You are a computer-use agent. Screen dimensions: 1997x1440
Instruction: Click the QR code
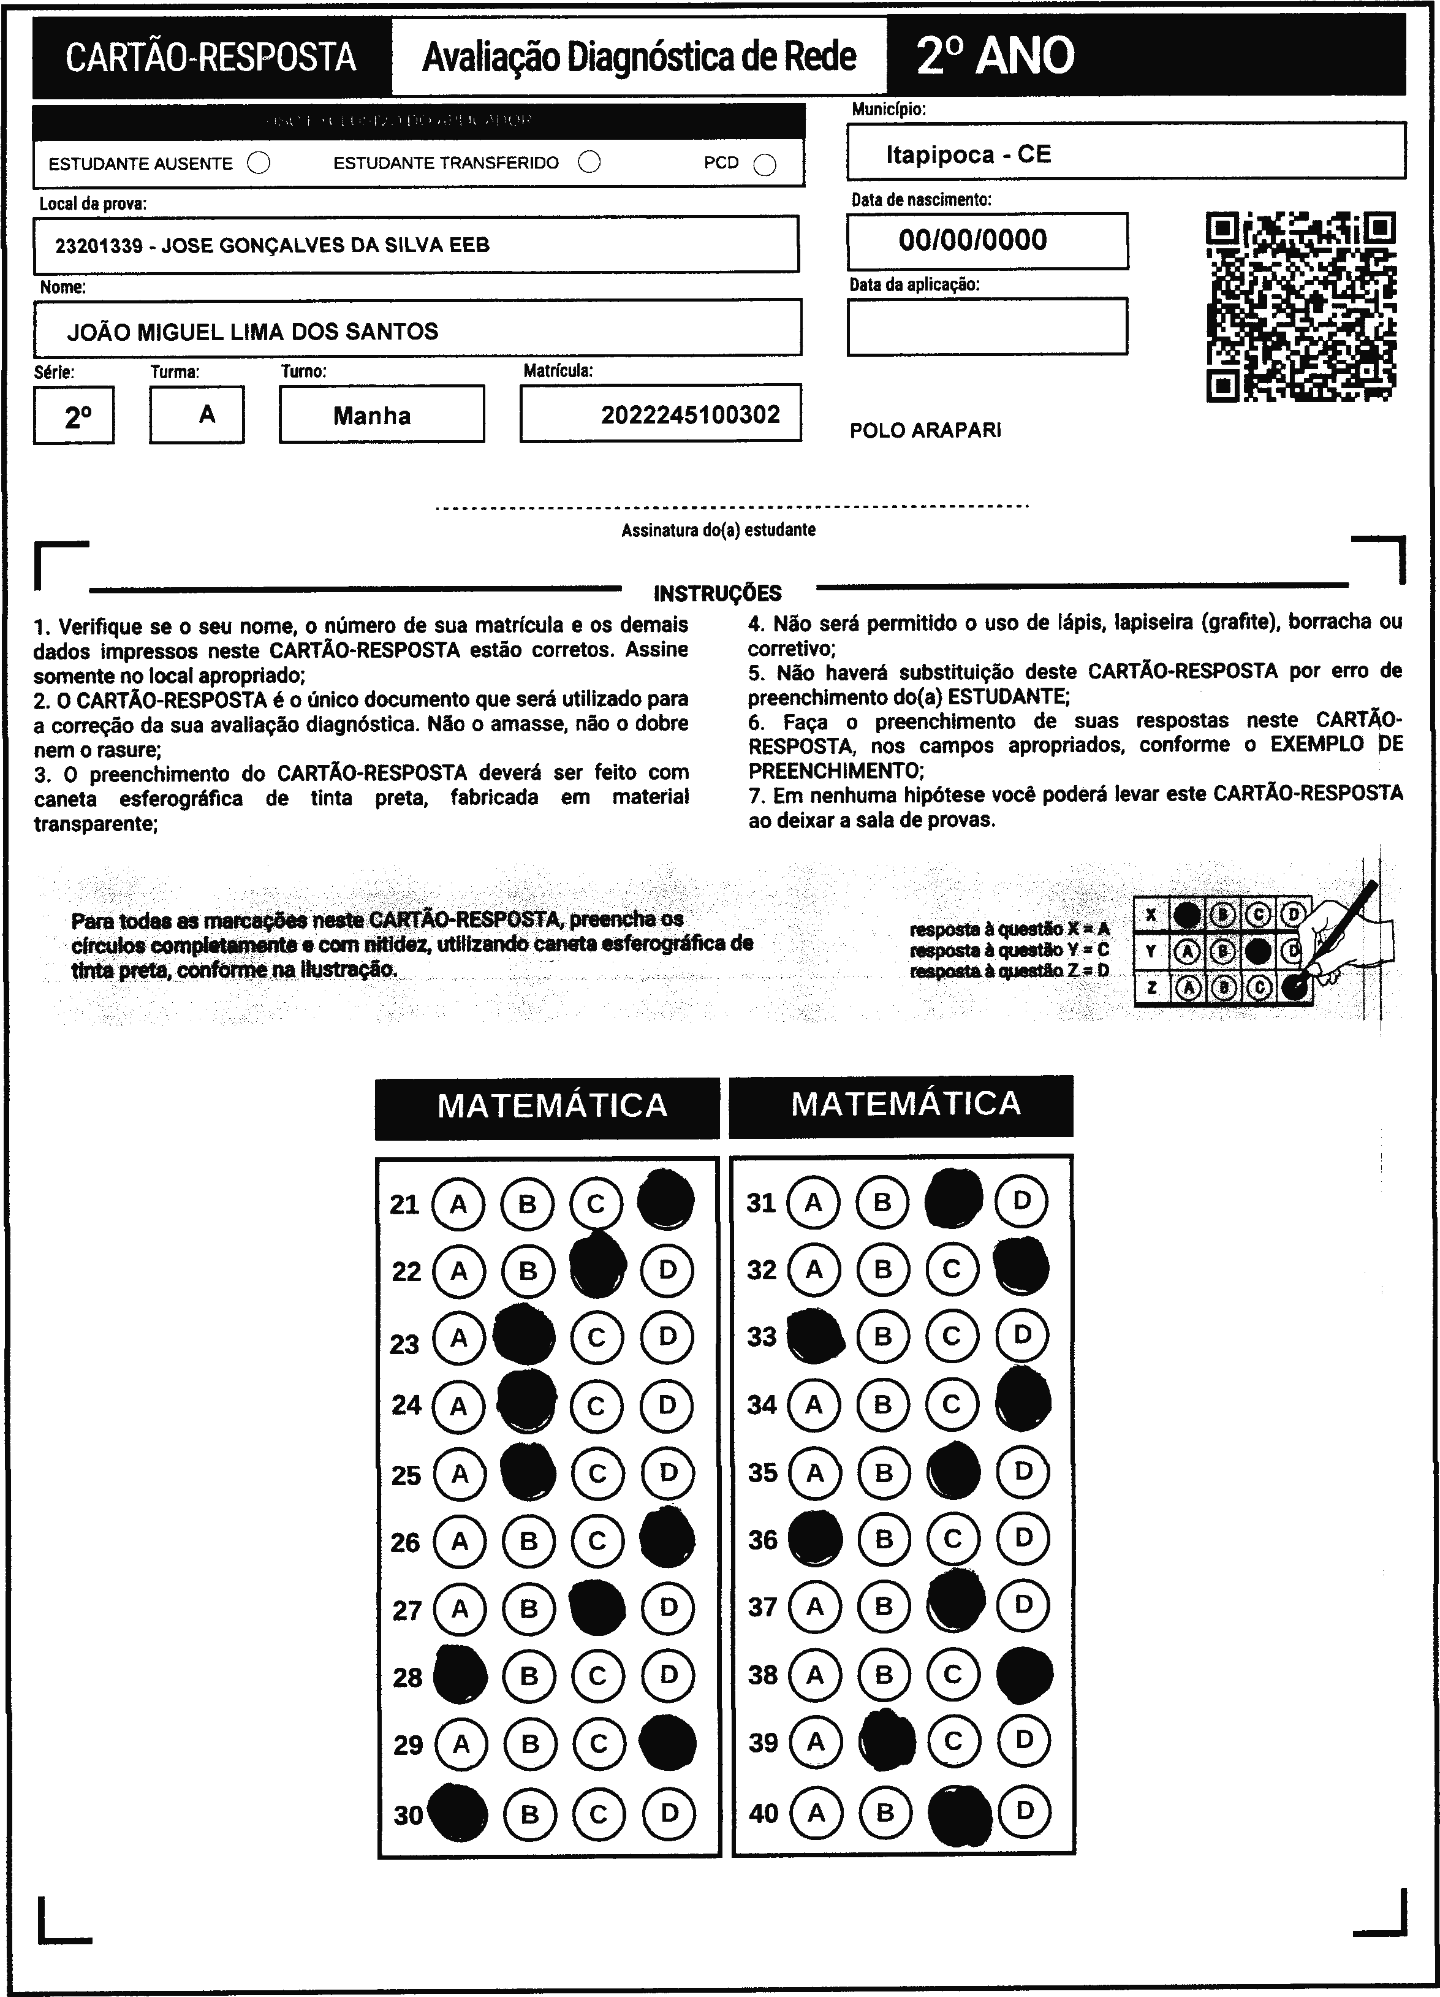tap(1300, 306)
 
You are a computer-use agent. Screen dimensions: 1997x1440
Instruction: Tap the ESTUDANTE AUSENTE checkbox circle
tap(259, 163)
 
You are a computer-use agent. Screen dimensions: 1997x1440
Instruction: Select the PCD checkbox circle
tap(765, 165)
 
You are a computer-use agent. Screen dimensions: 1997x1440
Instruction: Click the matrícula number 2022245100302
tap(690, 415)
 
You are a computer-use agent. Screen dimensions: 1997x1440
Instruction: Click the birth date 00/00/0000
tap(972, 240)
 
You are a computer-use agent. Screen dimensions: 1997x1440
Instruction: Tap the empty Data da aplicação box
tap(987, 327)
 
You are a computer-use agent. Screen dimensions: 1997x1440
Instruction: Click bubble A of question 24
tap(458, 1406)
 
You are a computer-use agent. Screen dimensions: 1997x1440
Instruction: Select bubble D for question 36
tap(1023, 1539)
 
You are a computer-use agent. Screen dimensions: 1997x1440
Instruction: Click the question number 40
tap(763, 1813)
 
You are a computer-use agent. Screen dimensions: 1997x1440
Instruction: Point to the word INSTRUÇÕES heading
tap(718, 593)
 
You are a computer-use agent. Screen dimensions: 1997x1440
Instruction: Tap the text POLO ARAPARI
tap(925, 430)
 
